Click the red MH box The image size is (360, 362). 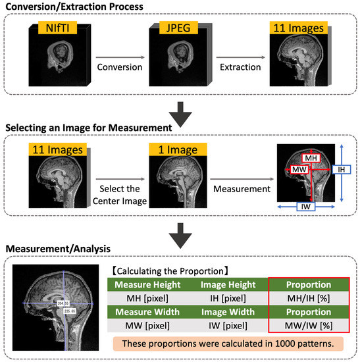311,159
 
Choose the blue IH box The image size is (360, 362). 340,169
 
